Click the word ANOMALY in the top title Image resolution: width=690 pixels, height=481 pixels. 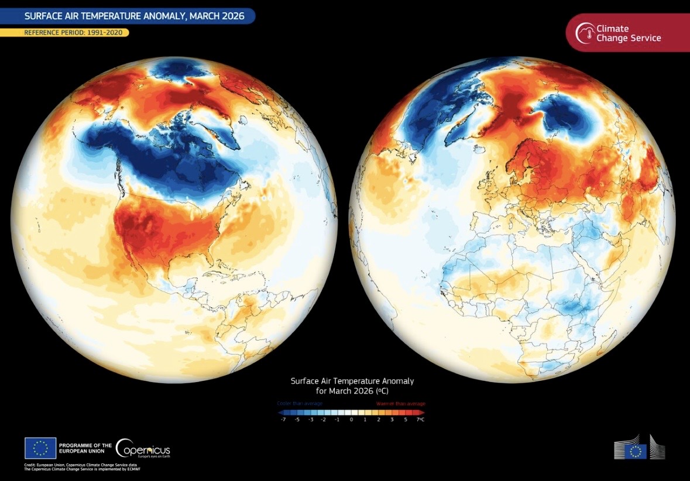157,16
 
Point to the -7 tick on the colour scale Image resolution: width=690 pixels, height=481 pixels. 283,420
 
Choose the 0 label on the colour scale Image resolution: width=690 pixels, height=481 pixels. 351,420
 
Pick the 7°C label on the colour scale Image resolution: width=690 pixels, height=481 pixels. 420,420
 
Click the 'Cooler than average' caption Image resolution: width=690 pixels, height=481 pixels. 299,403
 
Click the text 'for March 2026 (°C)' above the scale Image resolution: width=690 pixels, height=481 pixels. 352,390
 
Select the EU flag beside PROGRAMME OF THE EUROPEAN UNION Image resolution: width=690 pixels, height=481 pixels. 40,448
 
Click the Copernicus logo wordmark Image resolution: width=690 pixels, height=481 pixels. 144,449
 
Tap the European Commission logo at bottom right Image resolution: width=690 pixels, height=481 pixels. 640,448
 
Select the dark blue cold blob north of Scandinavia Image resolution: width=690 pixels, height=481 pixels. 568,117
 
